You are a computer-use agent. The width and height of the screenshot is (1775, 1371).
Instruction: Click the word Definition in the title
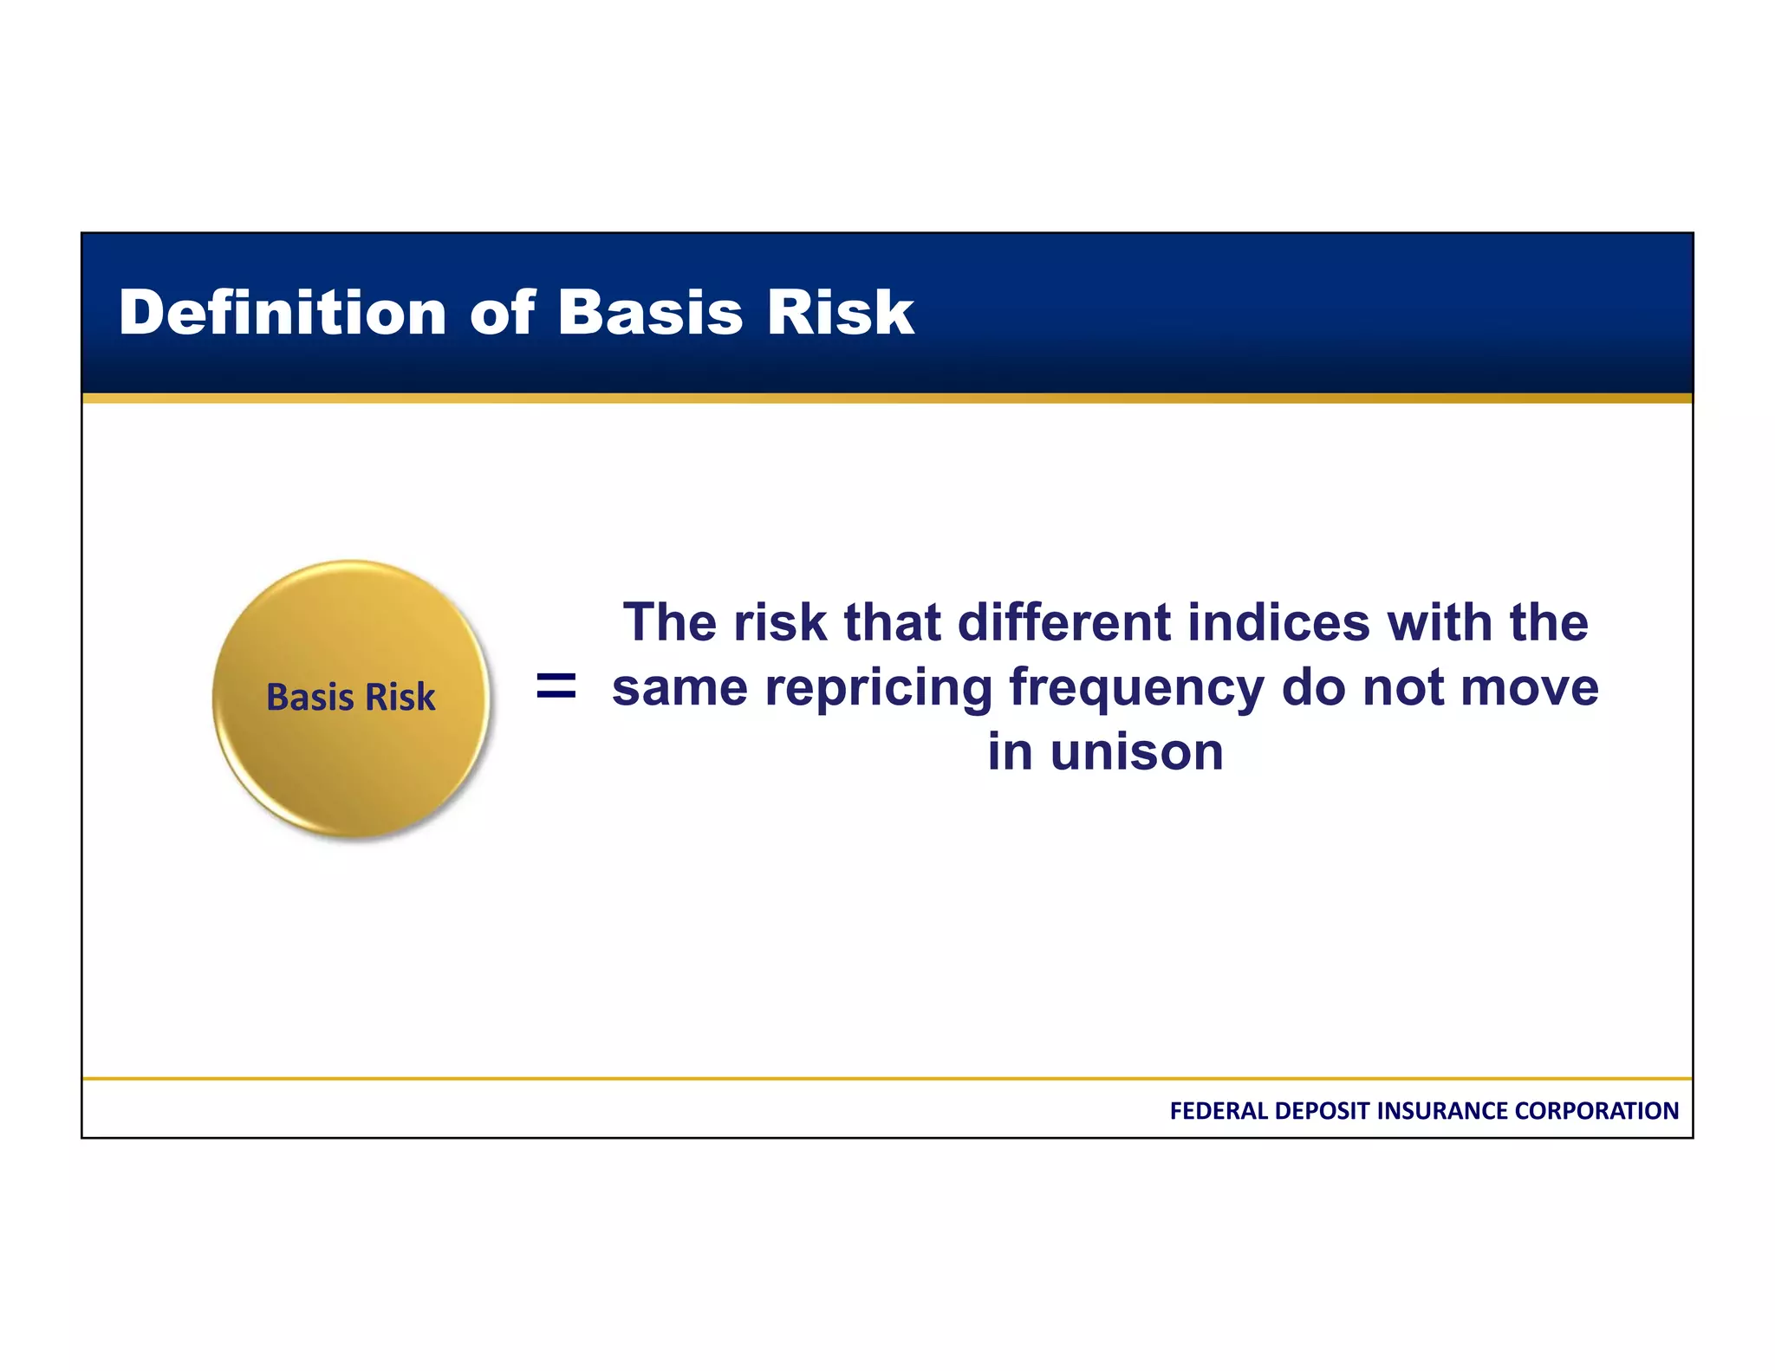click(x=282, y=313)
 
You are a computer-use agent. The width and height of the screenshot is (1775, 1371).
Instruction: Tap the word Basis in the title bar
click(x=650, y=313)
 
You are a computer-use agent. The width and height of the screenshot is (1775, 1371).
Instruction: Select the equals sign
click(x=556, y=686)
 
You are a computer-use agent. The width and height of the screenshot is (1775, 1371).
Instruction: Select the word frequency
click(x=1136, y=688)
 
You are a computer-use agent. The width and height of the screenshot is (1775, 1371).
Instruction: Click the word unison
click(x=1136, y=751)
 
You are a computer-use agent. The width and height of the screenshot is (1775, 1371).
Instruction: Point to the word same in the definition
click(x=679, y=688)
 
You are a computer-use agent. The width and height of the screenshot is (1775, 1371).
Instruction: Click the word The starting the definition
click(x=670, y=622)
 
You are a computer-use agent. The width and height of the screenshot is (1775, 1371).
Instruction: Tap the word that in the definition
click(x=893, y=622)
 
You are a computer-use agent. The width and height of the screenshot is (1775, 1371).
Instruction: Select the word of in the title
click(x=503, y=313)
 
